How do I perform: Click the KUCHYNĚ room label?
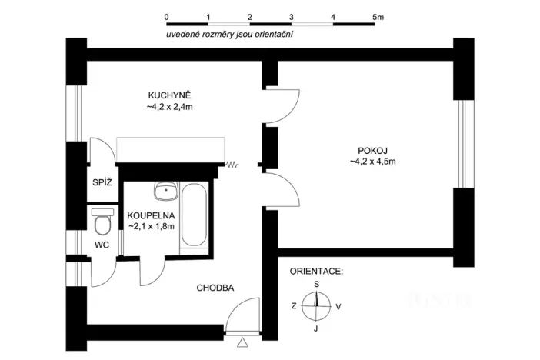(169, 95)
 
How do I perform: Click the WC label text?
(102, 245)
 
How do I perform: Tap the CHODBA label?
(215, 288)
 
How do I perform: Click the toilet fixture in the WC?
(102, 223)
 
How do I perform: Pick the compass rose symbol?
(316, 306)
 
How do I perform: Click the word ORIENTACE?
(316, 272)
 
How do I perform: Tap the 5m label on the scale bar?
(378, 15)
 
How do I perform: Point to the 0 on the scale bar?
(167, 15)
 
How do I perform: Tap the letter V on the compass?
(339, 306)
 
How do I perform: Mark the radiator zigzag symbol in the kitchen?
(233, 164)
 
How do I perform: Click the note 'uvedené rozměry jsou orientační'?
(231, 35)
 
